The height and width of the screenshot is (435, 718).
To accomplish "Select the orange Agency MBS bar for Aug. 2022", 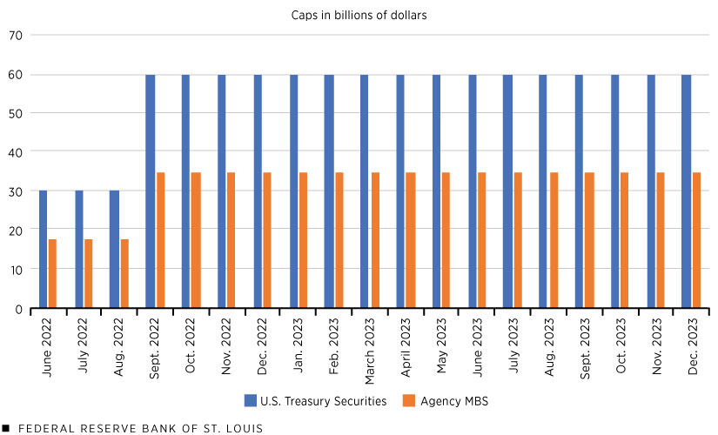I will coord(124,273).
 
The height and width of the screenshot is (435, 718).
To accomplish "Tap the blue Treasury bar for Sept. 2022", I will coord(151,191).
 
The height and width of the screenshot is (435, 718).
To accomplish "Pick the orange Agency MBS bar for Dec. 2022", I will coord(267,240).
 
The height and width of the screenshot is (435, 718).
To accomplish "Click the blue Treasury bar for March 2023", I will coord(364,191).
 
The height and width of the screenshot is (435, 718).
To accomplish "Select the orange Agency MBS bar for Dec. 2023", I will coord(696,240).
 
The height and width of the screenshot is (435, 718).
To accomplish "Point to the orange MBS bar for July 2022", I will coord(88,273).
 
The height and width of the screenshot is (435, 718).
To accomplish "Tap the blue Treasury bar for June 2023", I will coord(472,191).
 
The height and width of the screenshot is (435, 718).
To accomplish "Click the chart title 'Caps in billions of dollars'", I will coord(358,15).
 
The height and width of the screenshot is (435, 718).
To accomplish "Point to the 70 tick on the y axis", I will coord(16,35).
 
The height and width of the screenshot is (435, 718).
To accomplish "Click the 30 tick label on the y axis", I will coord(16,191).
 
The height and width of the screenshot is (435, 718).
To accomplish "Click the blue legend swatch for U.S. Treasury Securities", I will coord(250,401).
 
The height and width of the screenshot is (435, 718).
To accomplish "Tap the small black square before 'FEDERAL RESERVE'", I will coord(6,428).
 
